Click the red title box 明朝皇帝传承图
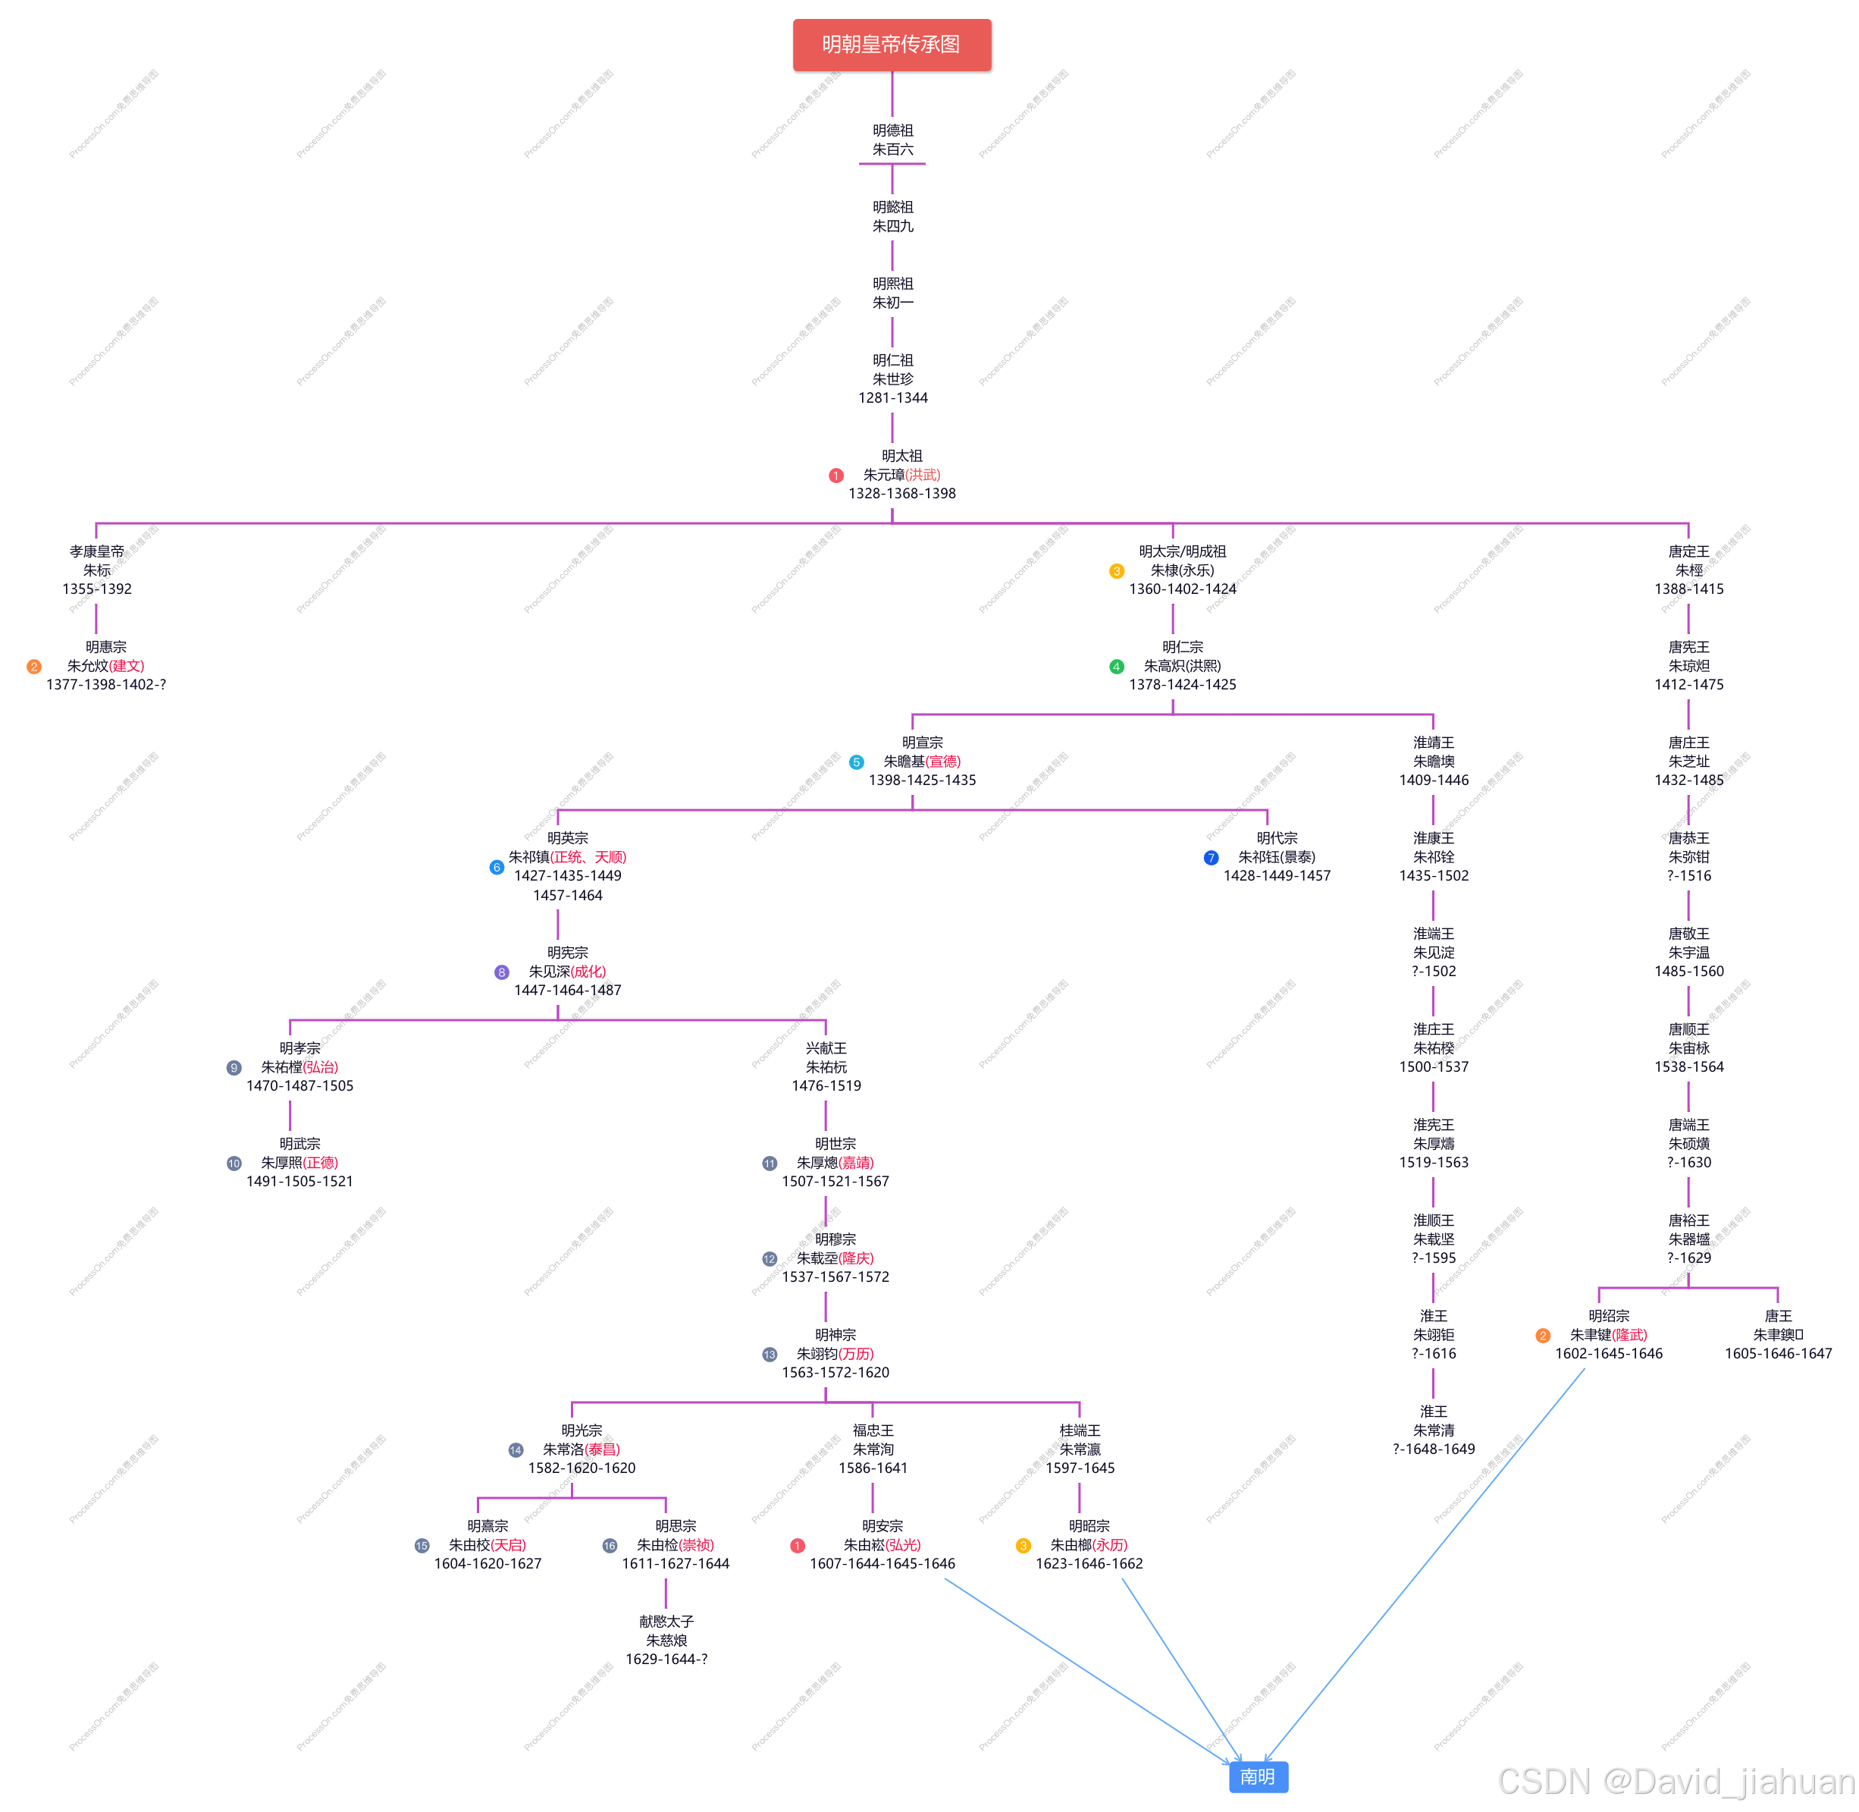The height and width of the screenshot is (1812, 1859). (892, 45)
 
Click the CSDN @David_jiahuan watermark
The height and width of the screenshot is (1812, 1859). (1675, 1779)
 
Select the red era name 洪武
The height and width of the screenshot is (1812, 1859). (922, 475)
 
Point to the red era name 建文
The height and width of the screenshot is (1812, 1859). (127, 666)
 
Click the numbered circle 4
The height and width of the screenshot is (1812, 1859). (1117, 666)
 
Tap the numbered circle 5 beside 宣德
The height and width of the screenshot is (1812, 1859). (856, 762)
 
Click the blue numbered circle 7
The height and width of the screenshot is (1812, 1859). (1211, 858)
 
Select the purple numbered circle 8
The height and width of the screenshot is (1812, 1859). (501, 972)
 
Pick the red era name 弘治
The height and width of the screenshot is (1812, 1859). (321, 1068)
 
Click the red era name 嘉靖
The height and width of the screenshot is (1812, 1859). (855, 1163)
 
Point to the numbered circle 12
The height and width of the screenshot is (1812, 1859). (770, 1259)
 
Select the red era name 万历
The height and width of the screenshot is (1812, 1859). (855, 1354)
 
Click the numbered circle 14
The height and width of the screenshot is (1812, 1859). (516, 1450)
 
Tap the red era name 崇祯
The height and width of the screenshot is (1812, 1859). (695, 1546)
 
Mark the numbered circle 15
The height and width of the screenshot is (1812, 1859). (422, 1546)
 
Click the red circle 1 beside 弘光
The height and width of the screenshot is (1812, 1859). (798, 1546)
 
